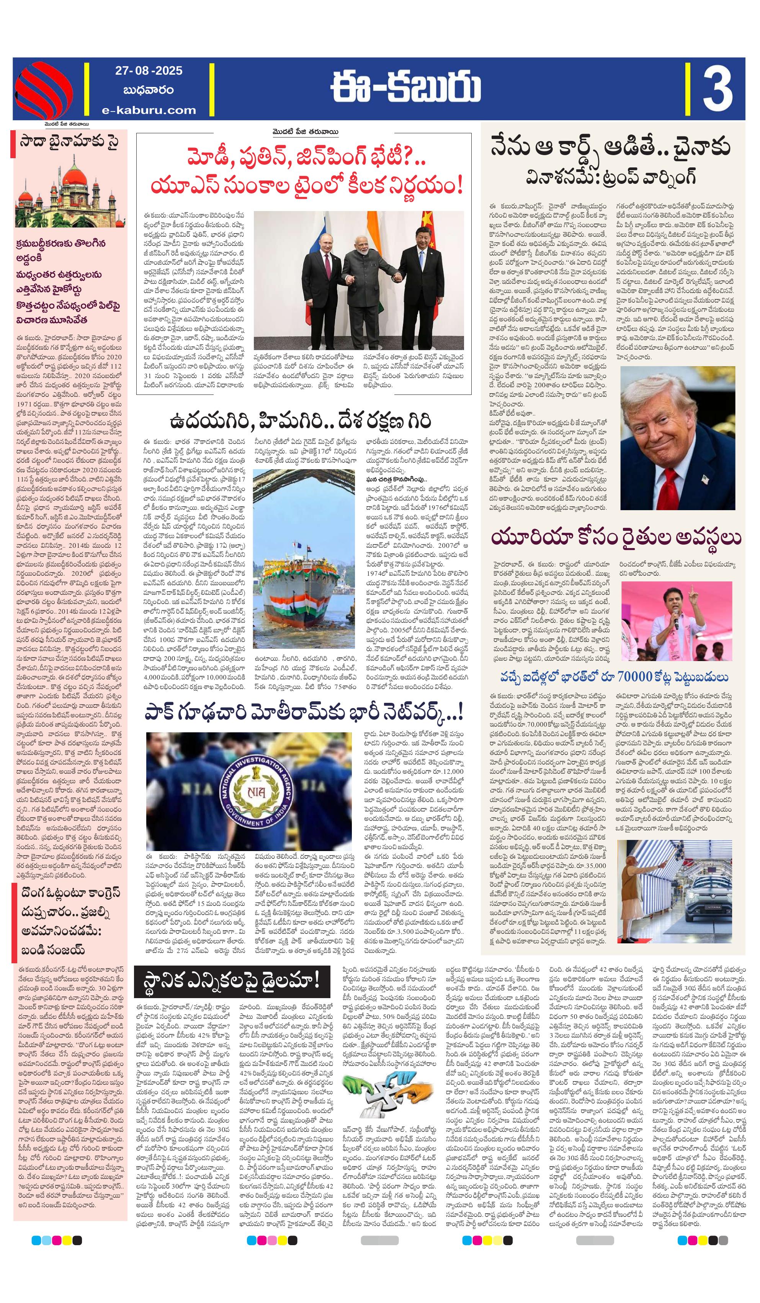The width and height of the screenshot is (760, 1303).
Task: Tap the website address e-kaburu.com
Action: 149,110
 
